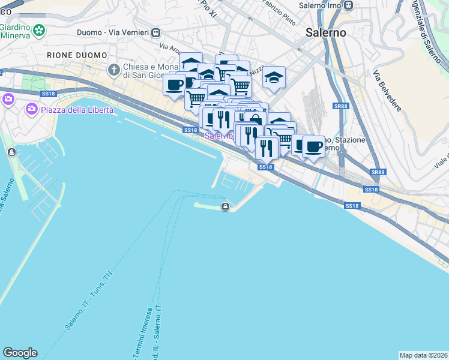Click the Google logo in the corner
point(20,352)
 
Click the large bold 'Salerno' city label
point(325,32)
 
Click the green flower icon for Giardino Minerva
point(39,29)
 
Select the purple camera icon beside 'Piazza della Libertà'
point(8,99)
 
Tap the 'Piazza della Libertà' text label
point(74,109)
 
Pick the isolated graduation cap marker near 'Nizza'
point(274,77)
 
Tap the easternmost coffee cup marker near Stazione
point(313,146)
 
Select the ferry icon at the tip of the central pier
point(225,207)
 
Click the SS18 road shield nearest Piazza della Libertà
point(49,94)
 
